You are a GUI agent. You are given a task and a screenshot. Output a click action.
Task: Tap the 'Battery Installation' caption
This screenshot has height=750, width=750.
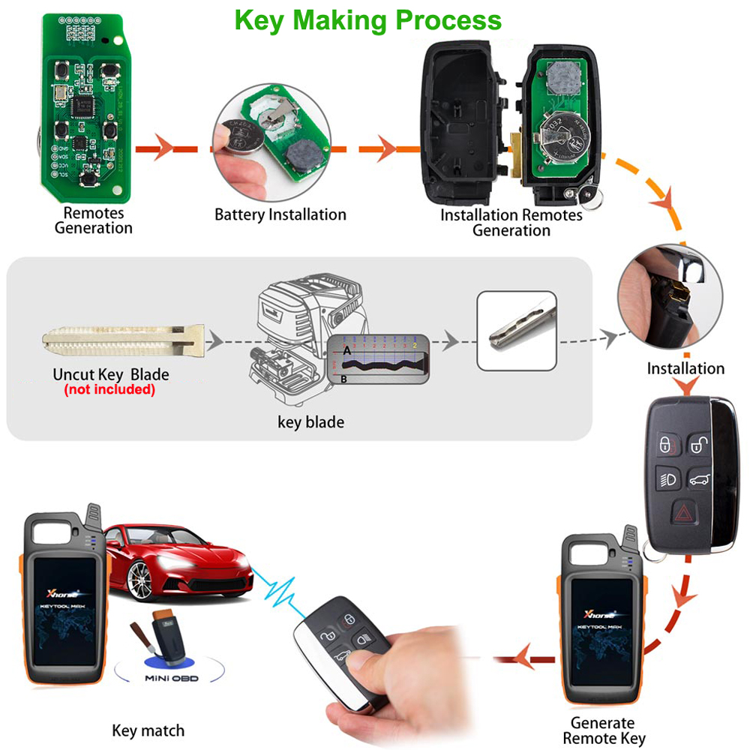pyautogui.click(x=280, y=214)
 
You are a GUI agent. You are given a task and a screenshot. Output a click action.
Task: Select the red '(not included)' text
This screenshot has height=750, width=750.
pyautogui.click(x=109, y=390)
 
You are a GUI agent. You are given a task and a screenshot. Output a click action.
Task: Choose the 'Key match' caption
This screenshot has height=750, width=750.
pyautogui.click(x=148, y=730)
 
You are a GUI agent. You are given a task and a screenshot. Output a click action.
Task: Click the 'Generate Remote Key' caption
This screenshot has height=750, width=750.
pyautogui.click(x=603, y=730)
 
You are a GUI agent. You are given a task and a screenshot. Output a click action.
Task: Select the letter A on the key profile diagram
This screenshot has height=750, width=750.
pyautogui.click(x=346, y=350)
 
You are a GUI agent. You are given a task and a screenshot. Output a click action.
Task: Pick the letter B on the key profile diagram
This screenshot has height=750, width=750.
pyautogui.click(x=343, y=380)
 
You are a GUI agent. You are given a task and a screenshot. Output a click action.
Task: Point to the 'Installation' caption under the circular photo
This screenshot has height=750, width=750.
pyautogui.click(x=685, y=368)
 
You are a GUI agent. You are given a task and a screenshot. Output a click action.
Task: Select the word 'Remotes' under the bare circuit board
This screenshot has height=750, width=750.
pyautogui.click(x=94, y=214)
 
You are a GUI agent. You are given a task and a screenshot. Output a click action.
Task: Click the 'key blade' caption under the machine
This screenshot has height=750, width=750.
pyautogui.click(x=310, y=422)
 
